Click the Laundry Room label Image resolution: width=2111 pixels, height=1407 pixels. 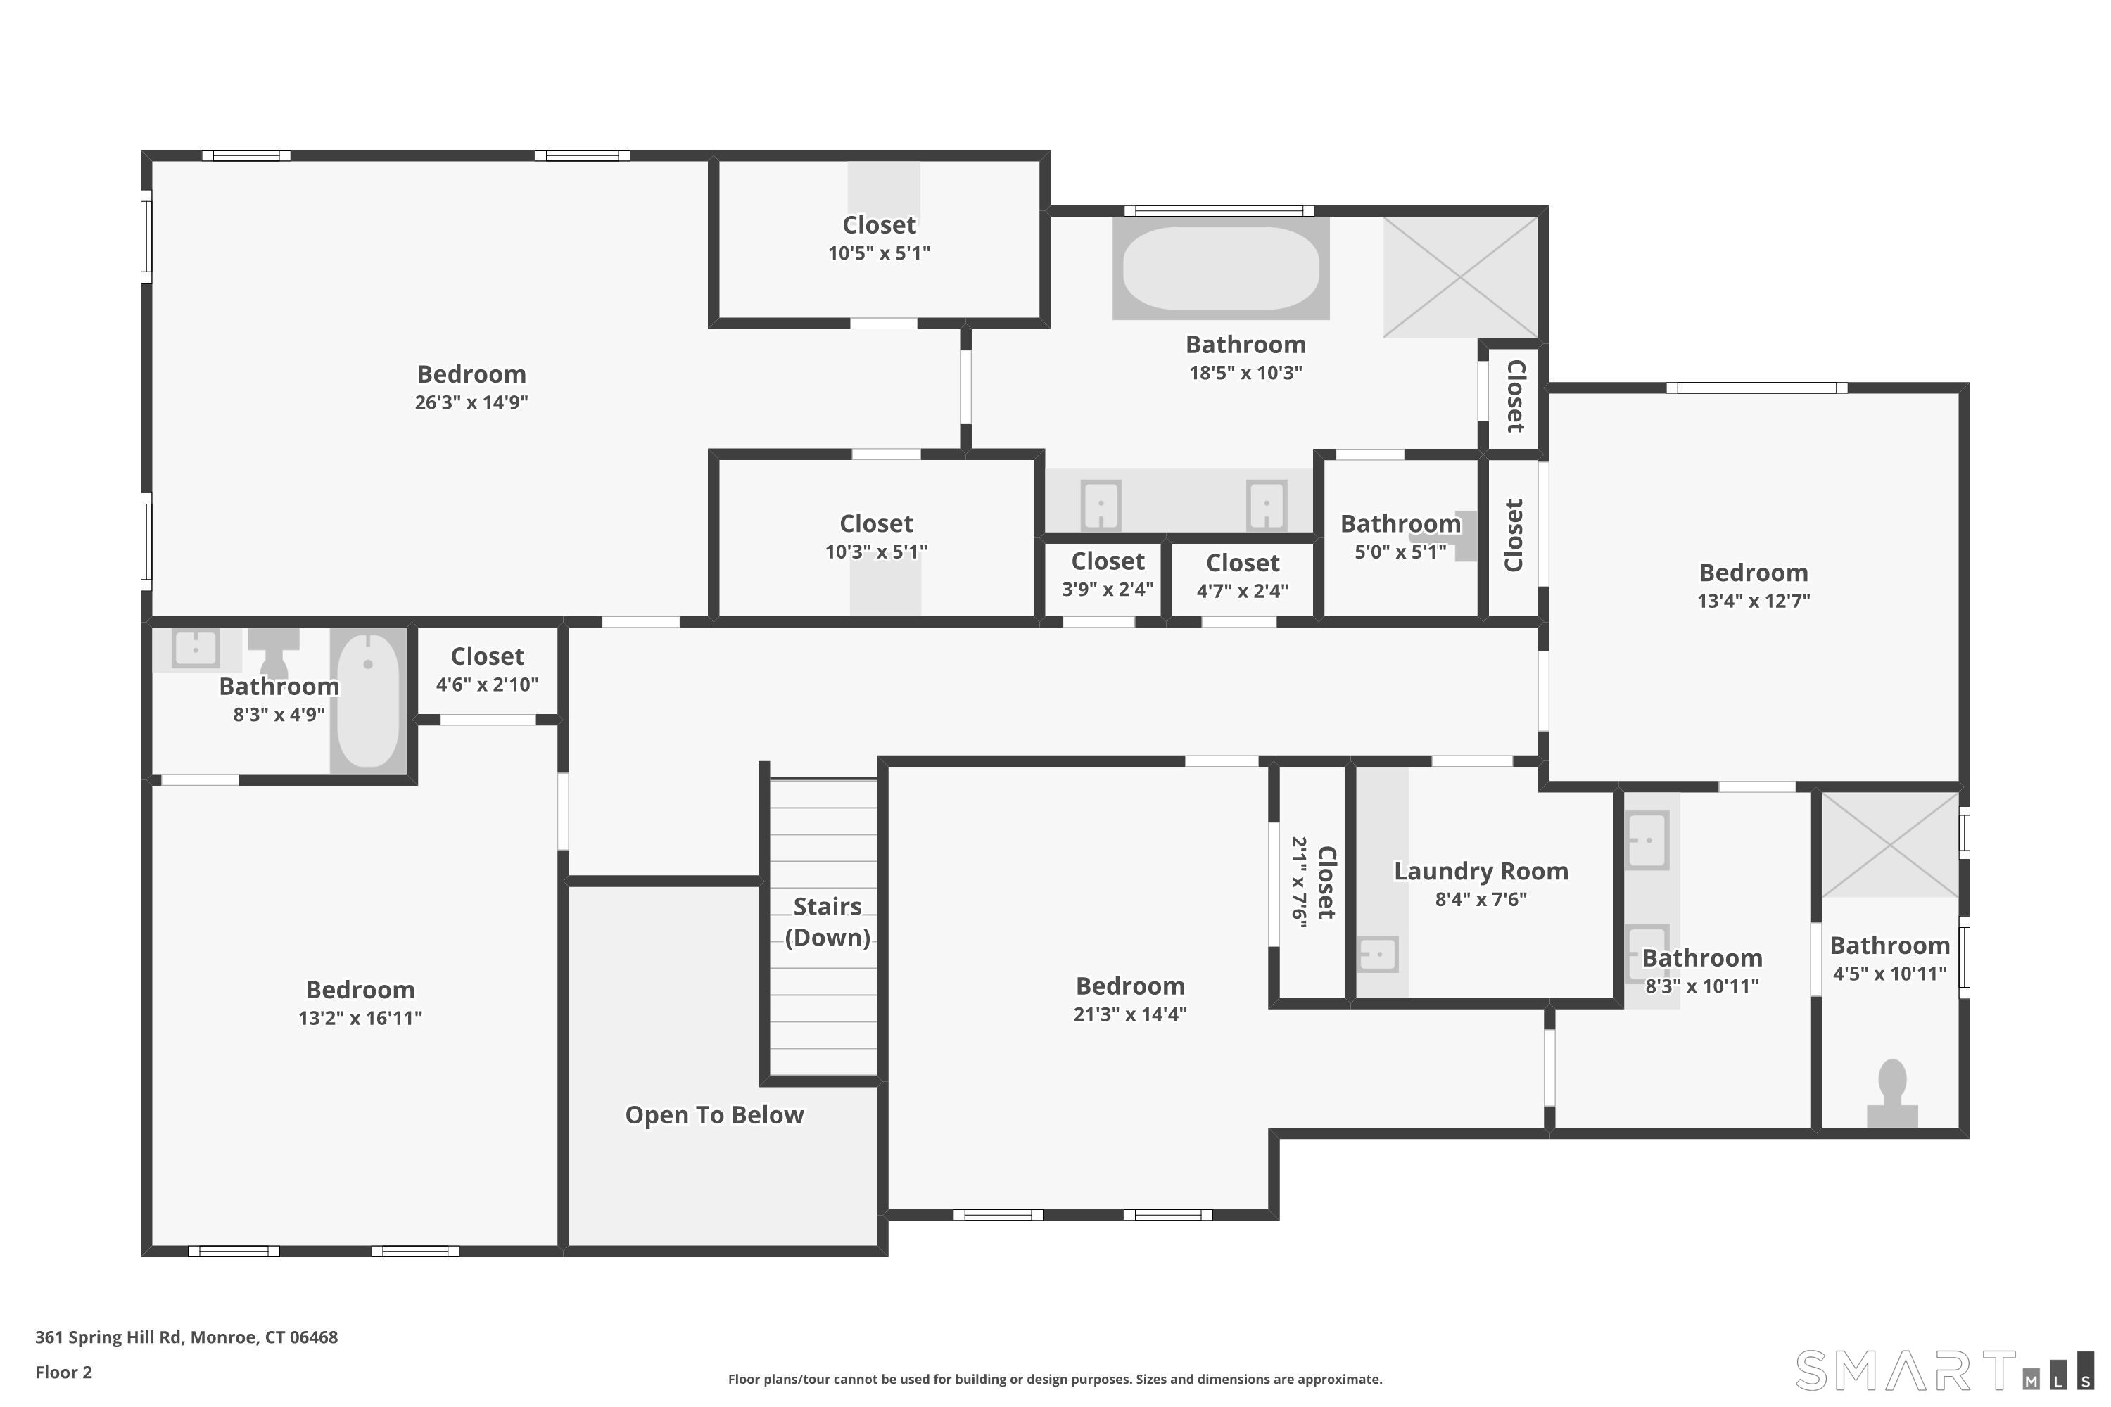click(x=1481, y=872)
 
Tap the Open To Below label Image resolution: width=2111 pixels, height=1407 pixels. click(x=714, y=1115)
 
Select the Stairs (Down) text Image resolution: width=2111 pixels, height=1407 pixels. click(x=828, y=922)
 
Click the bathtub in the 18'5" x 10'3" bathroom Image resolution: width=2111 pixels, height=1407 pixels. click(x=1221, y=267)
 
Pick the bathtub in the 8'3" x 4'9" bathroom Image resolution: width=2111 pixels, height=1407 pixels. click(x=368, y=700)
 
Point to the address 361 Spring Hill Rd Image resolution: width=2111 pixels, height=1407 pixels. click(x=110, y=1337)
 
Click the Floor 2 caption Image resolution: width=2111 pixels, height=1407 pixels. click(x=64, y=1372)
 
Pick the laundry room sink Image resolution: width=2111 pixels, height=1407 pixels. click(x=1378, y=954)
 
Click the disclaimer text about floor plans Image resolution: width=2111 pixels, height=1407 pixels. click(x=1055, y=1379)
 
